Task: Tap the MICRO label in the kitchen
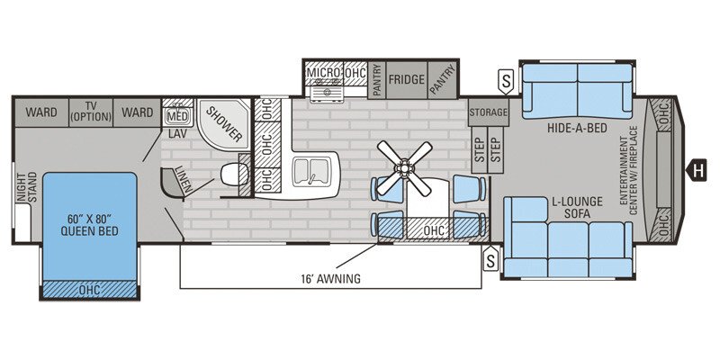point(322,72)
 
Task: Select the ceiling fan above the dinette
point(403,166)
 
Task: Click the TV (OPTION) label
point(90,111)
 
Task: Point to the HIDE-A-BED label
point(577,130)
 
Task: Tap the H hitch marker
point(696,166)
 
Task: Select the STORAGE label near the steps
point(489,113)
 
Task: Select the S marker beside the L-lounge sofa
point(490,261)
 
